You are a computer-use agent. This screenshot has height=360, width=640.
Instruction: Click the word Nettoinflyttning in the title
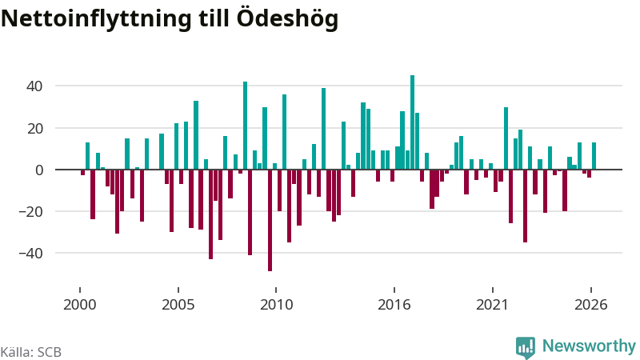(96, 18)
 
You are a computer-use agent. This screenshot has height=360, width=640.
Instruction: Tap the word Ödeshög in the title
(287, 18)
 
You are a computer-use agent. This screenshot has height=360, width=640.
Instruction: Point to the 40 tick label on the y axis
(34, 86)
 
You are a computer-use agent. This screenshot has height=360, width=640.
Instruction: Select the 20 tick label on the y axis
(34, 129)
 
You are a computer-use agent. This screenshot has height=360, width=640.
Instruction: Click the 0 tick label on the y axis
(38, 170)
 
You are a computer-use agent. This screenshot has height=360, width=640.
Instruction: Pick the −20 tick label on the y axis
(30, 212)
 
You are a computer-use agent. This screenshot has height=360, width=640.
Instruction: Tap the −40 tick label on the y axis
(30, 254)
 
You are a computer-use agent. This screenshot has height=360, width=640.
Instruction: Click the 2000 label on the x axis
(80, 305)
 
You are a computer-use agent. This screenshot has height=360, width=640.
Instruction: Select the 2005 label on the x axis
(178, 305)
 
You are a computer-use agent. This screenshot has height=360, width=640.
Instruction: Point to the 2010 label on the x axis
(276, 305)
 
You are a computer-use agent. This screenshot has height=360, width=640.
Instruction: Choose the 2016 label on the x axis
(394, 305)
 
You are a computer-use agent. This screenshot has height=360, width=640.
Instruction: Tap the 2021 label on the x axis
(493, 305)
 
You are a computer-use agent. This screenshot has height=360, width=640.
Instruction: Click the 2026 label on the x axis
(591, 305)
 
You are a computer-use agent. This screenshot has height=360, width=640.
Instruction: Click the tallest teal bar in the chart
(412, 122)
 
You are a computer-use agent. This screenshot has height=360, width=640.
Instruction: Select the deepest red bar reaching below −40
(270, 221)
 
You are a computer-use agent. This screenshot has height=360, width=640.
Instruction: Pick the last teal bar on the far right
(594, 156)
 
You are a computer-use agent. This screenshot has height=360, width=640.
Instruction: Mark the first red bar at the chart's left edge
(83, 172)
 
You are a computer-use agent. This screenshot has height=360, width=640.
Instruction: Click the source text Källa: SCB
(31, 352)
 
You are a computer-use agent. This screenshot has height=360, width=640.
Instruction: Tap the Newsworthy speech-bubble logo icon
(526, 347)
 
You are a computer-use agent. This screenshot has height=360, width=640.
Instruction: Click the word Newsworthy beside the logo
(589, 346)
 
